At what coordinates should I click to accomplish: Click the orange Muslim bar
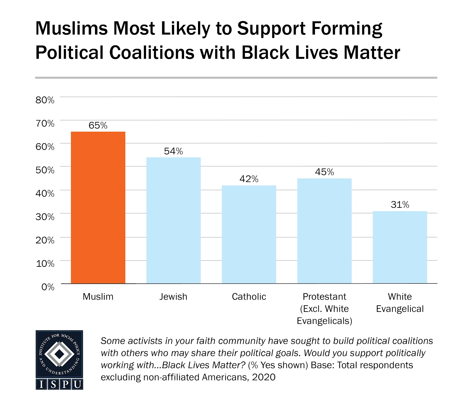click(x=98, y=208)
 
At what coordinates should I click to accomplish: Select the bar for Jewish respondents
click(x=173, y=220)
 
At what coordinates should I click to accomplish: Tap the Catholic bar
click(x=249, y=234)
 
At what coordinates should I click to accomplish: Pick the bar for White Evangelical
click(x=400, y=247)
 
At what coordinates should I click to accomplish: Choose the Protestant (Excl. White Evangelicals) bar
click(x=324, y=231)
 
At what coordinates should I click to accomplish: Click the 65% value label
click(x=98, y=126)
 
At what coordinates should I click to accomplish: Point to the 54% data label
click(x=173, y=151)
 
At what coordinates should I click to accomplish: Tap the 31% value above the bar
click(x=400, y=205)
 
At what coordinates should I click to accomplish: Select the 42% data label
click(x=249, y=179)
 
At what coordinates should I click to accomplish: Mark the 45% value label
click(x=324, y=172)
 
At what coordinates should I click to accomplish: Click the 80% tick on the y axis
click(x=45, y=100)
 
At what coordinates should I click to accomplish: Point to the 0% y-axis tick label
click(x=48, y=287)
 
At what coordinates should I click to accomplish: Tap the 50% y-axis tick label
click(x=45, y=170)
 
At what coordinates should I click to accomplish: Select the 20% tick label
click(x=45, y=240)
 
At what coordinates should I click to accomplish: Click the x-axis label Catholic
click(x=249, y=297)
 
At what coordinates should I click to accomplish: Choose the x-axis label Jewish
click(x=173, y=297)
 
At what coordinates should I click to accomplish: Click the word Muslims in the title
click(x=71, y=29)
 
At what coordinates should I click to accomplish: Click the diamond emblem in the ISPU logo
click(x=59, y=354)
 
